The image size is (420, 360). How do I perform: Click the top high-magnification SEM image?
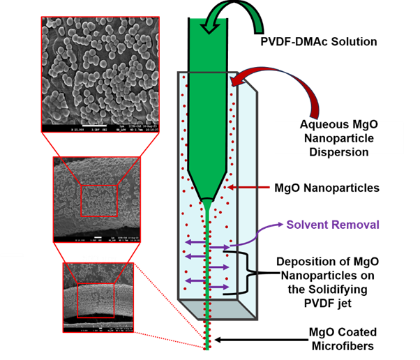click(x=100, y=73)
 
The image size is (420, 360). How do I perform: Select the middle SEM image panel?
click(x=96, y=200)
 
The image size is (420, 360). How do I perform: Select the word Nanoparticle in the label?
click(x=338, y=139)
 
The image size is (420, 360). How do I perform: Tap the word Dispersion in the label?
click(x=338, y=151)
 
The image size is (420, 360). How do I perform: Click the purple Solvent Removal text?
click(x=333, y=225)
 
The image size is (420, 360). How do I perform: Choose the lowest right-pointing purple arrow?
click(x=218, y=287)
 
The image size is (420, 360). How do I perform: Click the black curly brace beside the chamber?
click(x=248, y=274)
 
